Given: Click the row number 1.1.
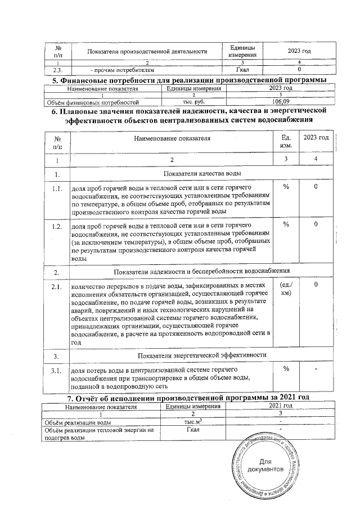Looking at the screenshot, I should pyautogui.click(x=56, y=188).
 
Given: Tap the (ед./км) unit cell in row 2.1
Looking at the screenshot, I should pyautogui.click(x=285, y=290).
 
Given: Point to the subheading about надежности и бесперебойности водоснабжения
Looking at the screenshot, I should pyautogui.click(x=202, y=272).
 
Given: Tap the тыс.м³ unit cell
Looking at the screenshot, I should pyautogui.click(x=193, y=421).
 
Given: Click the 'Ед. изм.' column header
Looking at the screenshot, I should pyautogui.click(x=285, y=142).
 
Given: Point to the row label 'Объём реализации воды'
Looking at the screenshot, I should pyautogui.click(x=77, y=421).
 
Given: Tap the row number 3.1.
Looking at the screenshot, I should pyautogui.click(x=56, y=371).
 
